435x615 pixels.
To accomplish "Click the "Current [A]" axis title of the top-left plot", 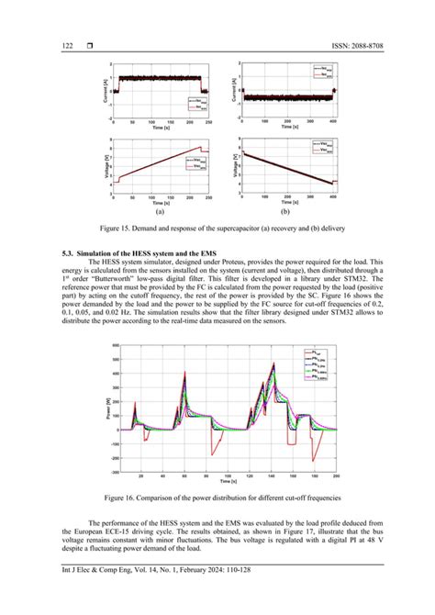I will [x=106, y=89].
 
